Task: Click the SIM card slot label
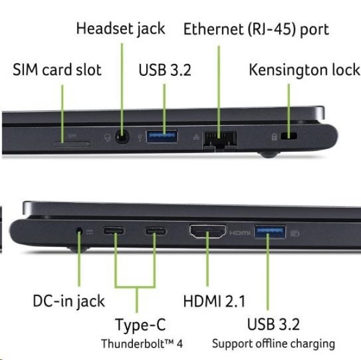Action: point(57,70)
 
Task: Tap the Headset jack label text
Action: point(120,28)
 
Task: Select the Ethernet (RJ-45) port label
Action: point(256,28)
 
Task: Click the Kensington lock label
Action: point(304,70)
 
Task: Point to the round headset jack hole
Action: point(122,137)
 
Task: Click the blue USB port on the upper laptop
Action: point(162,136)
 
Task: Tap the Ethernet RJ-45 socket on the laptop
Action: point(220,139)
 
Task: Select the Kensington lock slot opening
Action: point(292,137)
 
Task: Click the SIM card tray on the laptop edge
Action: point(72,143)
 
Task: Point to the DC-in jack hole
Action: point(79,231)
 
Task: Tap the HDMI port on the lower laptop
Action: point(208,231)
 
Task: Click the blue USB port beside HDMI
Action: point(269,231)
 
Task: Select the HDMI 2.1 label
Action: point(214,301)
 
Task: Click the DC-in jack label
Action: point(68,301)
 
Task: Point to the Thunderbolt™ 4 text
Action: point(142,344)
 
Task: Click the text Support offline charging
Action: point(273,344)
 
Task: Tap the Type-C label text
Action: point(140,326)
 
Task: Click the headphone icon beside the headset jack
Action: point(107,137)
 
